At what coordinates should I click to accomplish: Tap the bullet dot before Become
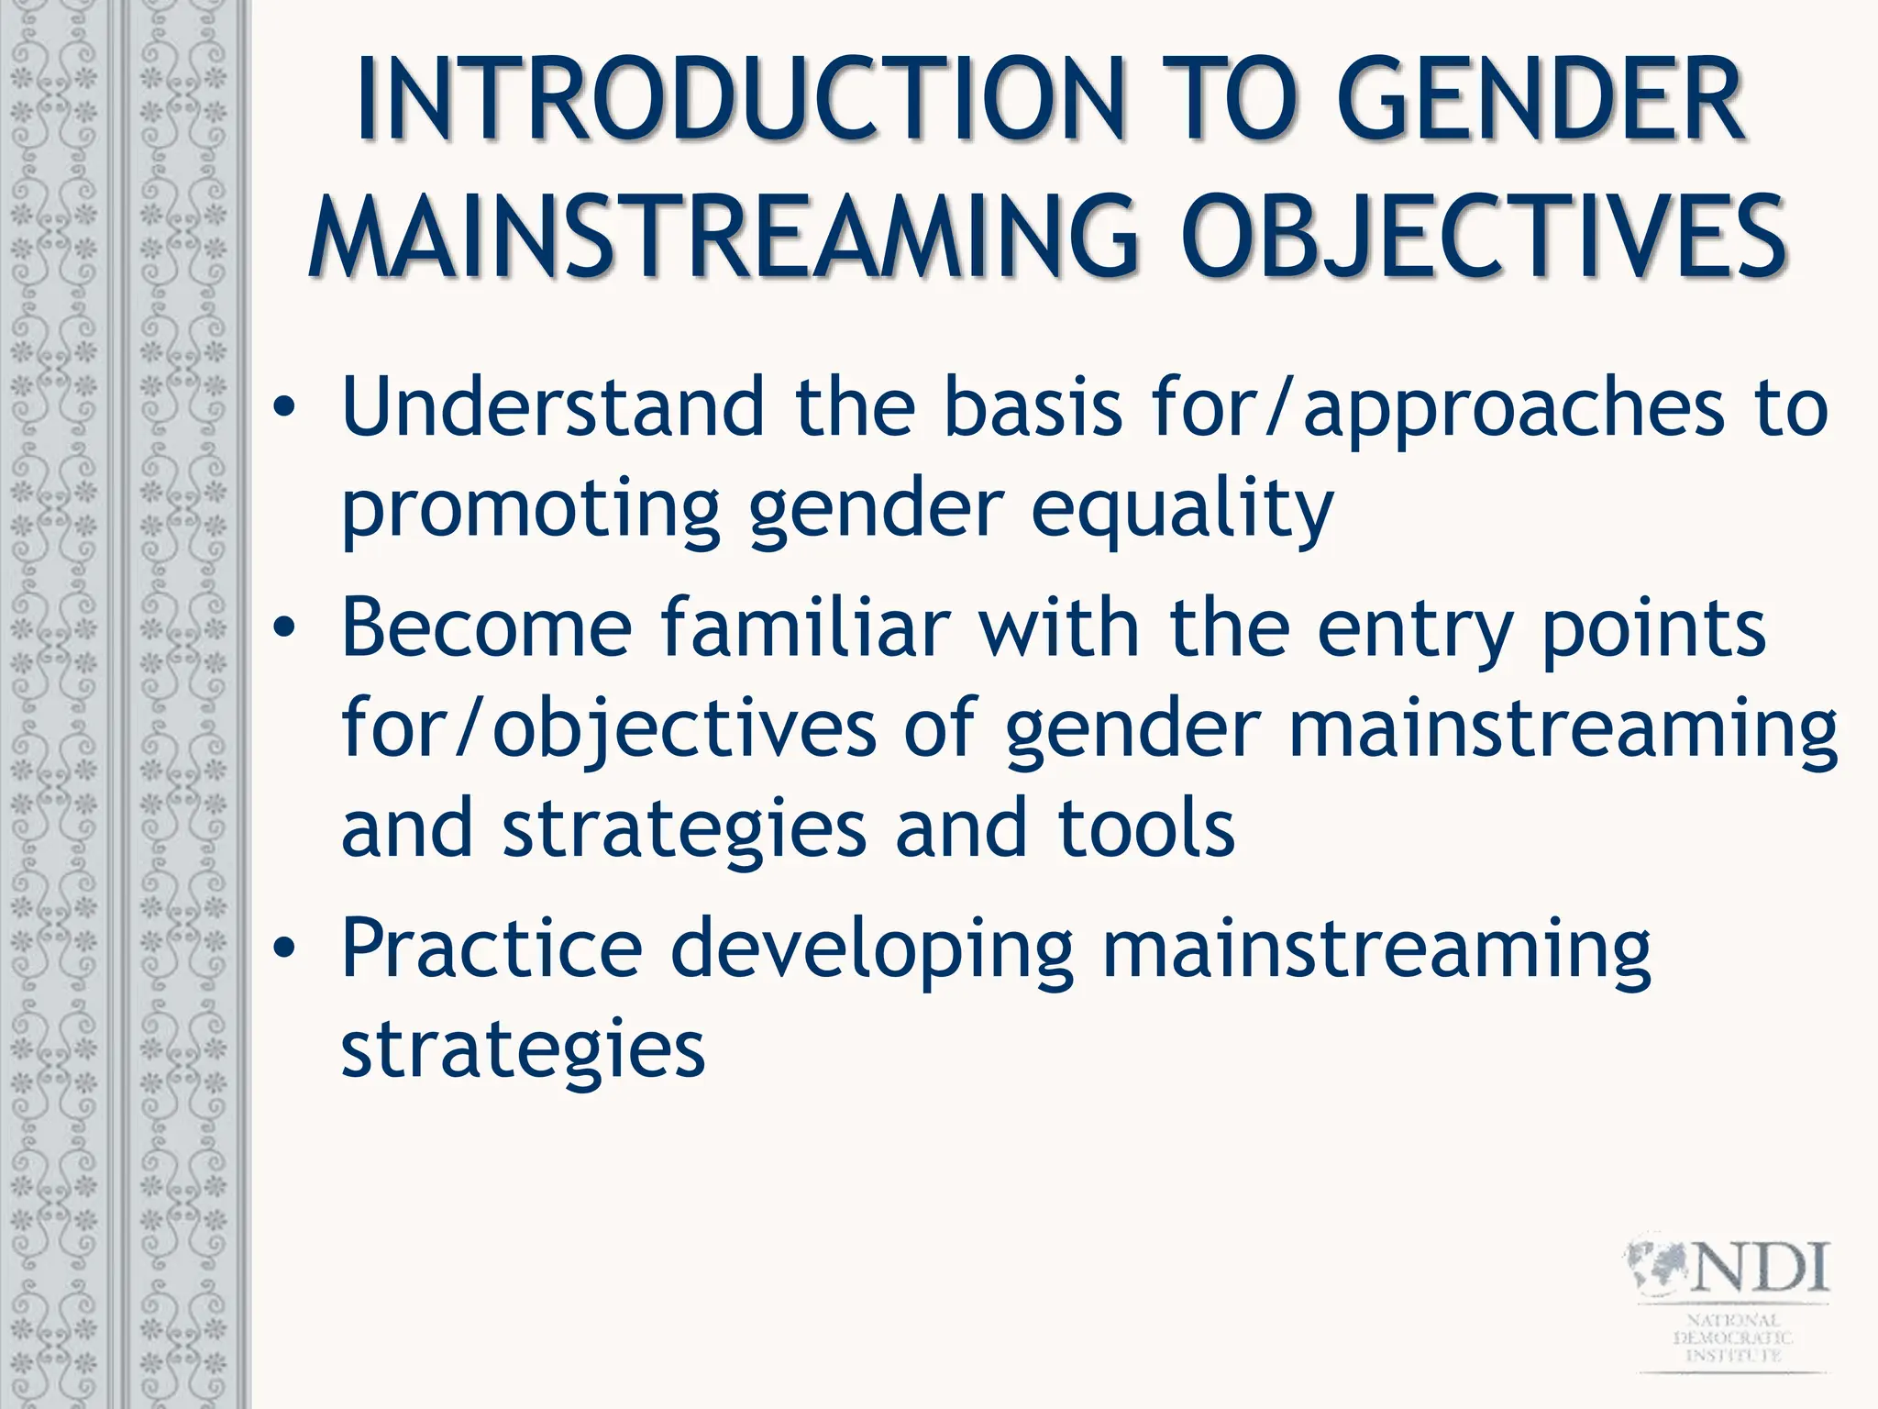coord(285,627)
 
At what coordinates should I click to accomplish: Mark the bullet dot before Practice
coord(285,949)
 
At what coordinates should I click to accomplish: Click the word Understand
coord(553,406)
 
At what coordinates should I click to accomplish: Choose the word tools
coord(1145,829)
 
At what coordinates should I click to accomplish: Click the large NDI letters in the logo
coord(1759,1268)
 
